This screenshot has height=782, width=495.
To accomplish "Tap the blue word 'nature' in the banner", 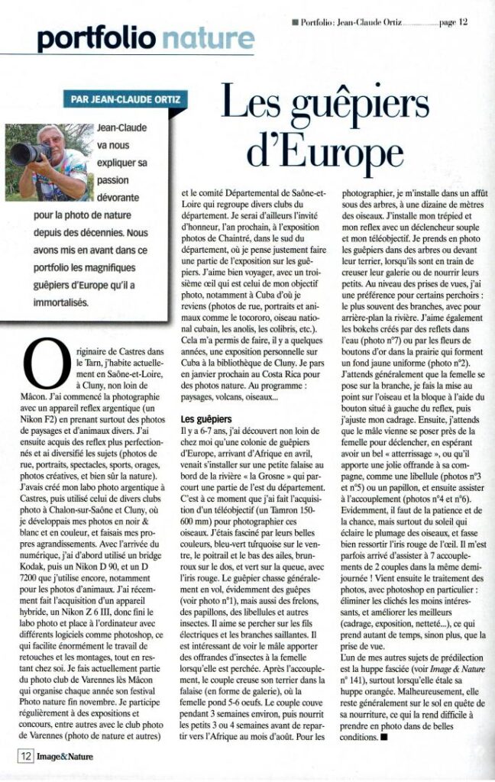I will pos(209,38).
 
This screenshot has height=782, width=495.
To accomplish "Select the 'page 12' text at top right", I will pos(453,22).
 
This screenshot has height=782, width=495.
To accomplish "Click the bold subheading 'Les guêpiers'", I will pos(205,419).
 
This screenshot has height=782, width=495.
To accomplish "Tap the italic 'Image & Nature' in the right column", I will pos(440,670).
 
